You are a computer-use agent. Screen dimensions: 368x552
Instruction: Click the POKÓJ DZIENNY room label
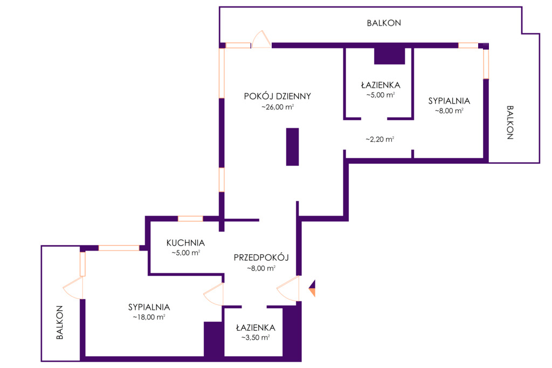point(278,96)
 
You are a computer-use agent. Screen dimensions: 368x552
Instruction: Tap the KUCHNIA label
point(185,242)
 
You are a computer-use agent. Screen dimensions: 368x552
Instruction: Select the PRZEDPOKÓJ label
point(261,258)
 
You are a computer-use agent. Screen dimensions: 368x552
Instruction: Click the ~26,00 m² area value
point(278,108)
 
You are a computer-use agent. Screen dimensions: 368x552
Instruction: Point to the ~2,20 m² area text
point(379,139)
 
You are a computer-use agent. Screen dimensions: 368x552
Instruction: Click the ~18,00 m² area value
point(149,317)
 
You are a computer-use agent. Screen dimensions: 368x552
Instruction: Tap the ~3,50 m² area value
point(255,338)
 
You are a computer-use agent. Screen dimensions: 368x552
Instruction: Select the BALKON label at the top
point(384,23)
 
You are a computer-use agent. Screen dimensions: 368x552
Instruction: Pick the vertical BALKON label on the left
point(60,322)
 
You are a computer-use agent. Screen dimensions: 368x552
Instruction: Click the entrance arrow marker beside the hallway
point(312,289)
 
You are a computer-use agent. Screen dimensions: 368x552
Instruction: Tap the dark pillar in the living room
point(292,147)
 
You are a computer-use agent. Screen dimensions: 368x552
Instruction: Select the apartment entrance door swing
point(289,289)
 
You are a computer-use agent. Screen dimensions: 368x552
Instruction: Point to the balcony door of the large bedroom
point(74,288)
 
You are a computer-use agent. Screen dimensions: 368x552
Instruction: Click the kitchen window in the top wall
point(190,219)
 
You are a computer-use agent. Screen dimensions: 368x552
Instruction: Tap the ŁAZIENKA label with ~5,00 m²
point(381,85)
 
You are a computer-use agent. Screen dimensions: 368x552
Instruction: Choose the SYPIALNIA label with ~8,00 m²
point(449,101)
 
